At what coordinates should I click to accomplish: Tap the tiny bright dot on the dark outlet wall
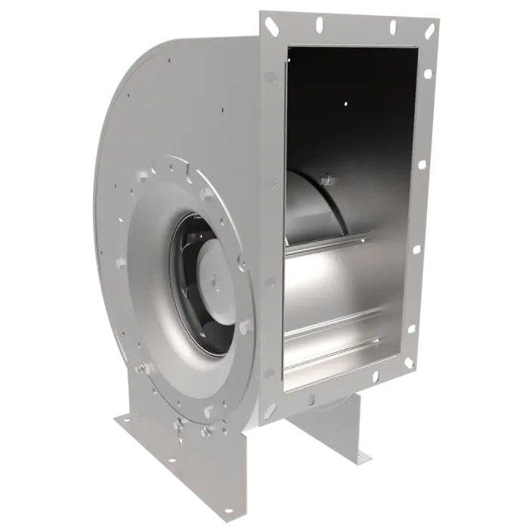(x=345, y=104)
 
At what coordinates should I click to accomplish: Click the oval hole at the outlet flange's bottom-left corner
(x=270, y=406)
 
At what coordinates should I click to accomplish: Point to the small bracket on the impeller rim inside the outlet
(x=328, y=180)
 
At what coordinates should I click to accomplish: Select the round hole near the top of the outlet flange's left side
(x=271, y=76)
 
